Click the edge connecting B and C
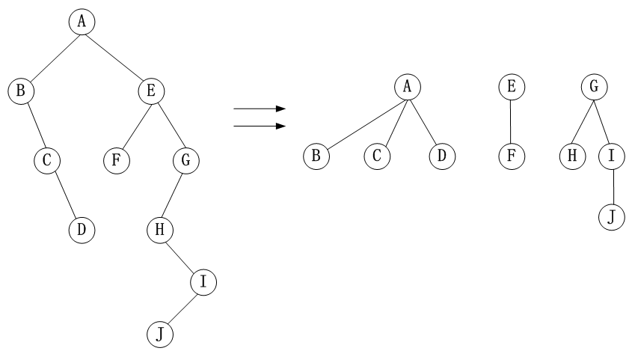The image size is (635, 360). (35, 125)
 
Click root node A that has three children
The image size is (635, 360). (408, 87)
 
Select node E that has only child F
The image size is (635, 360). (511, 87)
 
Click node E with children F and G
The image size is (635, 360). (152, 91)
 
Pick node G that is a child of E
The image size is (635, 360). (185, 159)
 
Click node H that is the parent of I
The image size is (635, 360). (159, 229)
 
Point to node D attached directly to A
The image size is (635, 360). (441, 156)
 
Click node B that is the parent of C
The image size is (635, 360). (21, 91)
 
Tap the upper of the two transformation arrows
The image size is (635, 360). (260, 109)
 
